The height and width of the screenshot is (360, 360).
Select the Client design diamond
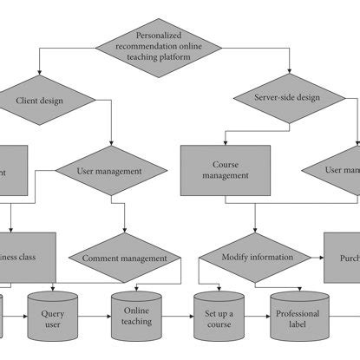coord(39,101)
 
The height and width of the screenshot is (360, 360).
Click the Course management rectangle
coord(225,169)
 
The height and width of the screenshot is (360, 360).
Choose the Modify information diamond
coord(253,259)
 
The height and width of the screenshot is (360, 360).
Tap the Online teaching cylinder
coord(136,314)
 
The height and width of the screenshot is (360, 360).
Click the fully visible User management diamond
coord(110,171)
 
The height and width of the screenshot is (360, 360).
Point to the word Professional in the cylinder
coord(298,313)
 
